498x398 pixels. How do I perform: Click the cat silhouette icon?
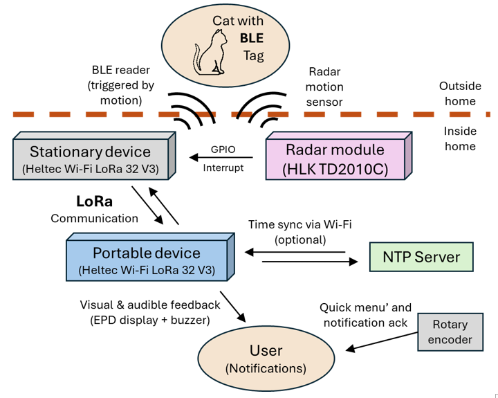(x=210, y=53)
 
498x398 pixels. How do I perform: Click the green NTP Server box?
(x=421, y=257)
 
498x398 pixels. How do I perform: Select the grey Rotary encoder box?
(x=450, y=332)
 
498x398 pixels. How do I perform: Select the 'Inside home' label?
(x=459, y=139)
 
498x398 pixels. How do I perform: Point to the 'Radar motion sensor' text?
(x=324, y=87)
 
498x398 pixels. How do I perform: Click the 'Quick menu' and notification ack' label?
(x=365, y=314)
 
